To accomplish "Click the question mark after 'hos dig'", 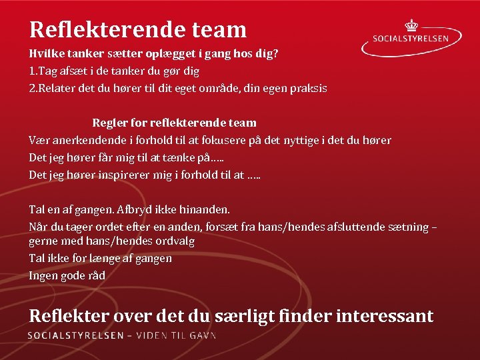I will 275,53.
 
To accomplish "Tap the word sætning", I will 406,227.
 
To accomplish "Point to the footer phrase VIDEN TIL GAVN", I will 176,335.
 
